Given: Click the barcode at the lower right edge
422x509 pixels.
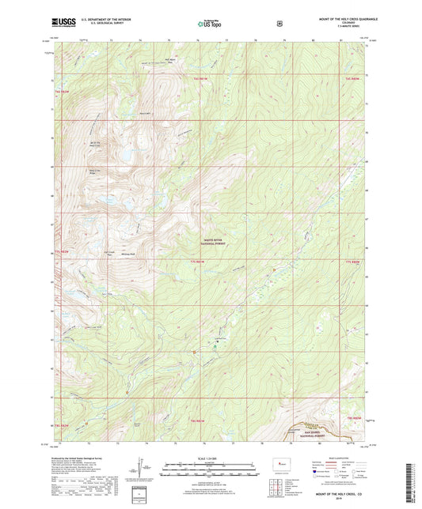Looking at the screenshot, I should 412,477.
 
